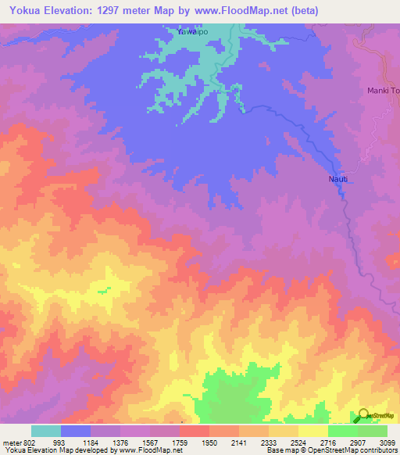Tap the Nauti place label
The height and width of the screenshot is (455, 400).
(337, 179)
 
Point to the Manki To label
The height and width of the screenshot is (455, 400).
(384, 91)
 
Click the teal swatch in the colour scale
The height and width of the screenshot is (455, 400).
(46, 431)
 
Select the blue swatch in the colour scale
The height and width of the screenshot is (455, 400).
(76, 431)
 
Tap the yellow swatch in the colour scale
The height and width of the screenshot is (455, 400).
(313, 431)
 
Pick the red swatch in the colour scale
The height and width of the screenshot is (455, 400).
(195, 431)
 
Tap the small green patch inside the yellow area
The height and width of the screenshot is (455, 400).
(103, 291)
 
